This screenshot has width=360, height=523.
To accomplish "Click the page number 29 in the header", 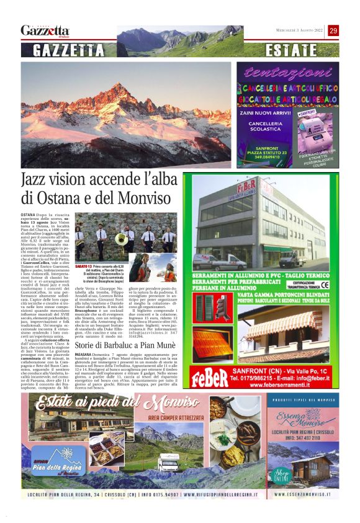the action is coord(333,30).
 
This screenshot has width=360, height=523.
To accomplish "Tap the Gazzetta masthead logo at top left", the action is coord(45,30).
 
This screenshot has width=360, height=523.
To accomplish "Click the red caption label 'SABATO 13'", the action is coord(83,266).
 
